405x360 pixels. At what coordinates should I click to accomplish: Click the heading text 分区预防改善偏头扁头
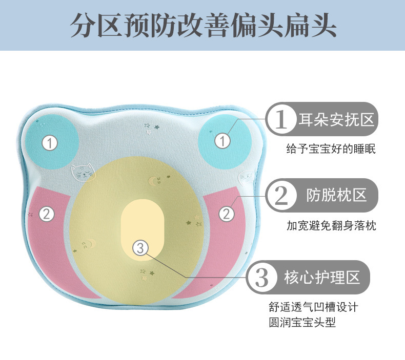point(202,25)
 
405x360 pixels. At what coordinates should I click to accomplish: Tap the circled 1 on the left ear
point(49,143)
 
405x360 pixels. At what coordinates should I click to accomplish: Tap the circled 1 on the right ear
point(222,140)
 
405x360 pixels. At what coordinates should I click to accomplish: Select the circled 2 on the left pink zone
point(47,214)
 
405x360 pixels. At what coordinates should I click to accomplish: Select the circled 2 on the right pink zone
point(226,214)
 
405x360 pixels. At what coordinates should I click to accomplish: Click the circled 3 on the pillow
point(141,248)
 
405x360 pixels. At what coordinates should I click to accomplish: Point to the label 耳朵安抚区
point(336,121)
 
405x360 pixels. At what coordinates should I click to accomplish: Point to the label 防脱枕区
point(336,195)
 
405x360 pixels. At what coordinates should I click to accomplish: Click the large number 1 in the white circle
point(281,121)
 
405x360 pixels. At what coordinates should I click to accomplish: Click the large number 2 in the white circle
point(281,195)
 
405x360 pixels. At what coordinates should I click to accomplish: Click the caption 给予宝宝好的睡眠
point(331,150)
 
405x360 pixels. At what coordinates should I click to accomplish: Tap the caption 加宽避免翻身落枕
point(331,225)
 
